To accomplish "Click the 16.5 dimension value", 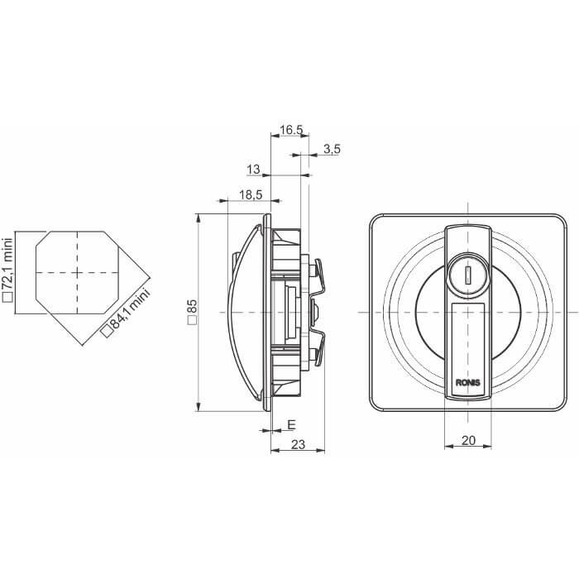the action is (x=291, y=130).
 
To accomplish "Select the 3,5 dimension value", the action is (x=332, y=149).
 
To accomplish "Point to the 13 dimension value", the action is (x=253, y=170).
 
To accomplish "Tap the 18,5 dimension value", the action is (x=251, y=194).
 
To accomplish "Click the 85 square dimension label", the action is (x=193, y=312).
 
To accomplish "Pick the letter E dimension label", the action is (x=291, y=424).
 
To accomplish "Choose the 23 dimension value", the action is (x=298, y=445).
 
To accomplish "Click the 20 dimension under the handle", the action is (x=468, y=440).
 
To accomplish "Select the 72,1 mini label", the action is (x=7, y=266).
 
